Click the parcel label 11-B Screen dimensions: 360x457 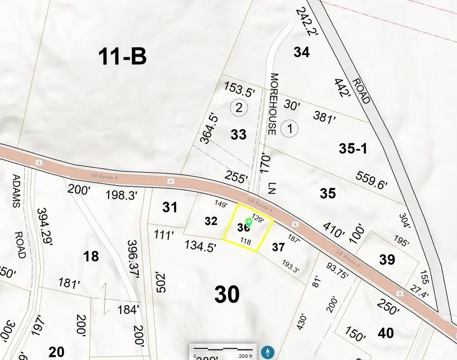tap(122, 57)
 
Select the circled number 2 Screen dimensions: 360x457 tap(239, 108)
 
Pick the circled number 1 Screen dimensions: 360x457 tap(289, 128)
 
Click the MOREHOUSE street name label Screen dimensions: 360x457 tap(273, 104)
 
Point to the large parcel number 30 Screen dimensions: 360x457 tap(227, 294)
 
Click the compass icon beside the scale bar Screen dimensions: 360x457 tap(268, 351)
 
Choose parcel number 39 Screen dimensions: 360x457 tap(387, 259)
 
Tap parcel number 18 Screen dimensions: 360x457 tap(91, 256)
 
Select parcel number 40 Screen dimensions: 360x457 tap(386, 333)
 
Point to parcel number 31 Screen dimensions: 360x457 tap(170, 207)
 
